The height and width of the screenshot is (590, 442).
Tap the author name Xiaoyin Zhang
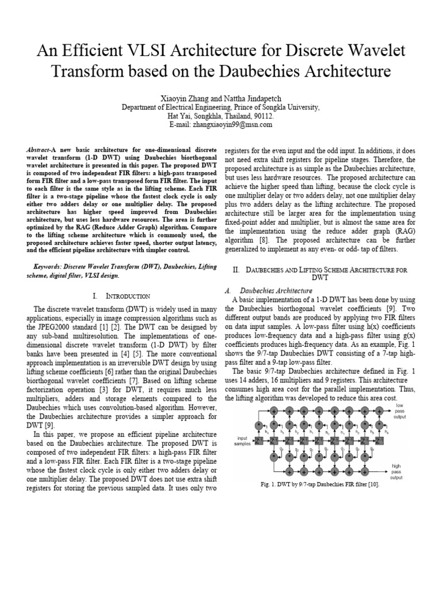pos(182,99)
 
